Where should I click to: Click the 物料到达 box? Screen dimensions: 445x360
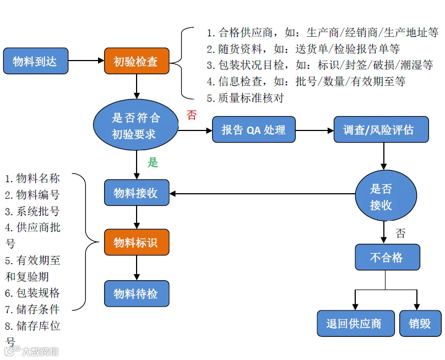click(x=36, y=61)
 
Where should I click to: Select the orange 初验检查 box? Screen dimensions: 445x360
click(x=137, y=61)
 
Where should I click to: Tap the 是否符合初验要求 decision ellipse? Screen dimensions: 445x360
click(x=136, y=125)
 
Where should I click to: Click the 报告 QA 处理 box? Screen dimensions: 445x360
click(x=254, y=129)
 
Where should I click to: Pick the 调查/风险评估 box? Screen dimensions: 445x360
click(x=381, y=129)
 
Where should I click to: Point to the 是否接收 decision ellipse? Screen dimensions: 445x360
click(x=386, y=195)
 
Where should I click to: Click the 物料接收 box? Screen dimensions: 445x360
click(x=137, y=193)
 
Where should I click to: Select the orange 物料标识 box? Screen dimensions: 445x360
click(x=137, y=242)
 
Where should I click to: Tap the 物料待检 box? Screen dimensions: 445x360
click(x=137, y=293)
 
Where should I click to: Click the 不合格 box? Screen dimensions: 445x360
click(x=387, y=257)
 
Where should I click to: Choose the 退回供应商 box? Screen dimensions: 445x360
click(x=356, y=324)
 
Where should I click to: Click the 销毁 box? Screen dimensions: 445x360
click(x=420, y=324)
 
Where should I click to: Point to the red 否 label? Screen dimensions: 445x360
click(x=192, y=115)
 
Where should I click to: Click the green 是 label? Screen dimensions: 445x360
click(x=153, y=162)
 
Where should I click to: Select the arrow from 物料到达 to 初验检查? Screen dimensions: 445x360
click(x=86, y=61)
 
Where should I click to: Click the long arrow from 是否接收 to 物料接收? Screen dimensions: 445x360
click(x=263, y=194)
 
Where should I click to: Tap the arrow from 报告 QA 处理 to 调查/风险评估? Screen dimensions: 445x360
click(x=314, y=130)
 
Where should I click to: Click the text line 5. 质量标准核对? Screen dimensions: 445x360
click(x=246, y=98)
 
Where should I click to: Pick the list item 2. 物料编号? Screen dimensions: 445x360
click(x=32, y=195)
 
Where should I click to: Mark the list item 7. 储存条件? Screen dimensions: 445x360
click(x=32, y=309)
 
